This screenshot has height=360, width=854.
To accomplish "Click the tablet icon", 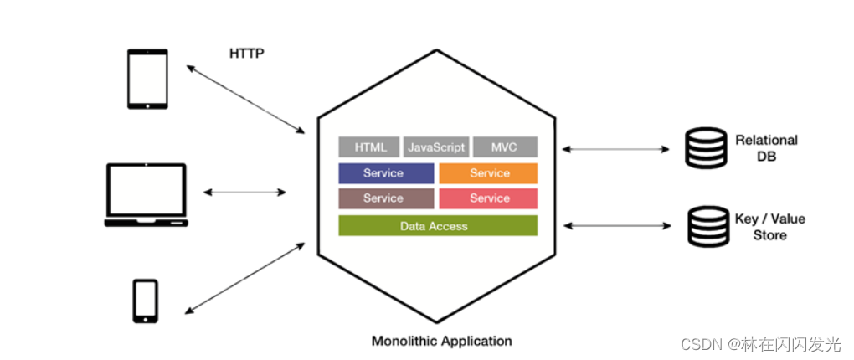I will [x=147, y=79].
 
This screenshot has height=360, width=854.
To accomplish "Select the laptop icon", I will [x=147, y=194].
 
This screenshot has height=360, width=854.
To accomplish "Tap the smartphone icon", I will [x=146, y=301].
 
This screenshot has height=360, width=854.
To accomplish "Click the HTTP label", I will [x=246, y=54].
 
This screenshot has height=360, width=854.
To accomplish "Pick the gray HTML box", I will [x=369, y=147].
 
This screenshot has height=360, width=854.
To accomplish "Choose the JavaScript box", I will [x=435, y=147].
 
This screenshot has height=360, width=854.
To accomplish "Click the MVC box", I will [x=504, y=147].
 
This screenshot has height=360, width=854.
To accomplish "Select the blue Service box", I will [x=385, y=173].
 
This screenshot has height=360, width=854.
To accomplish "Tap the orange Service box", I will [x=488, y=173].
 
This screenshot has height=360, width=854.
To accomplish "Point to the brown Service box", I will [x=385, y=198].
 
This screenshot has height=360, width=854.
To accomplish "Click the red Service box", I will [x=488, y=198].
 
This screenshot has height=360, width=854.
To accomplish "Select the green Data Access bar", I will [x=437, y=226].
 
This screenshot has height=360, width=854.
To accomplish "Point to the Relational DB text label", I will [x=766, y=148].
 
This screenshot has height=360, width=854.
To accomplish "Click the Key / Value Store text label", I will [x=769, y=227].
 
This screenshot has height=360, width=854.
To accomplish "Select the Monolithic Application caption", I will [x=441, y=341].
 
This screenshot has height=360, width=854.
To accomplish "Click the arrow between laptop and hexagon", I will [x=244, y=193].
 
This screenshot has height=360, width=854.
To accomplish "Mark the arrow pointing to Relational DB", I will [x=615, y=149].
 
